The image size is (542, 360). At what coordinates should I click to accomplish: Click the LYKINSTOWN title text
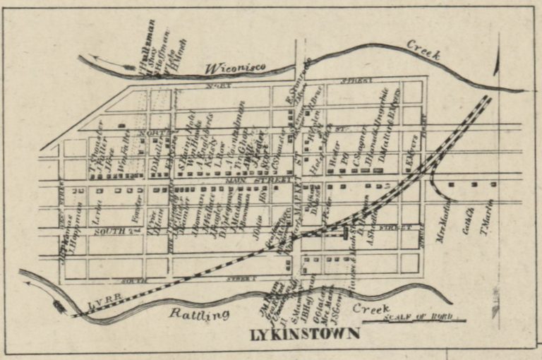click(x=304, y=332)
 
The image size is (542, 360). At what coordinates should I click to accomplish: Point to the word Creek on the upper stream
click(x=423, y=49)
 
